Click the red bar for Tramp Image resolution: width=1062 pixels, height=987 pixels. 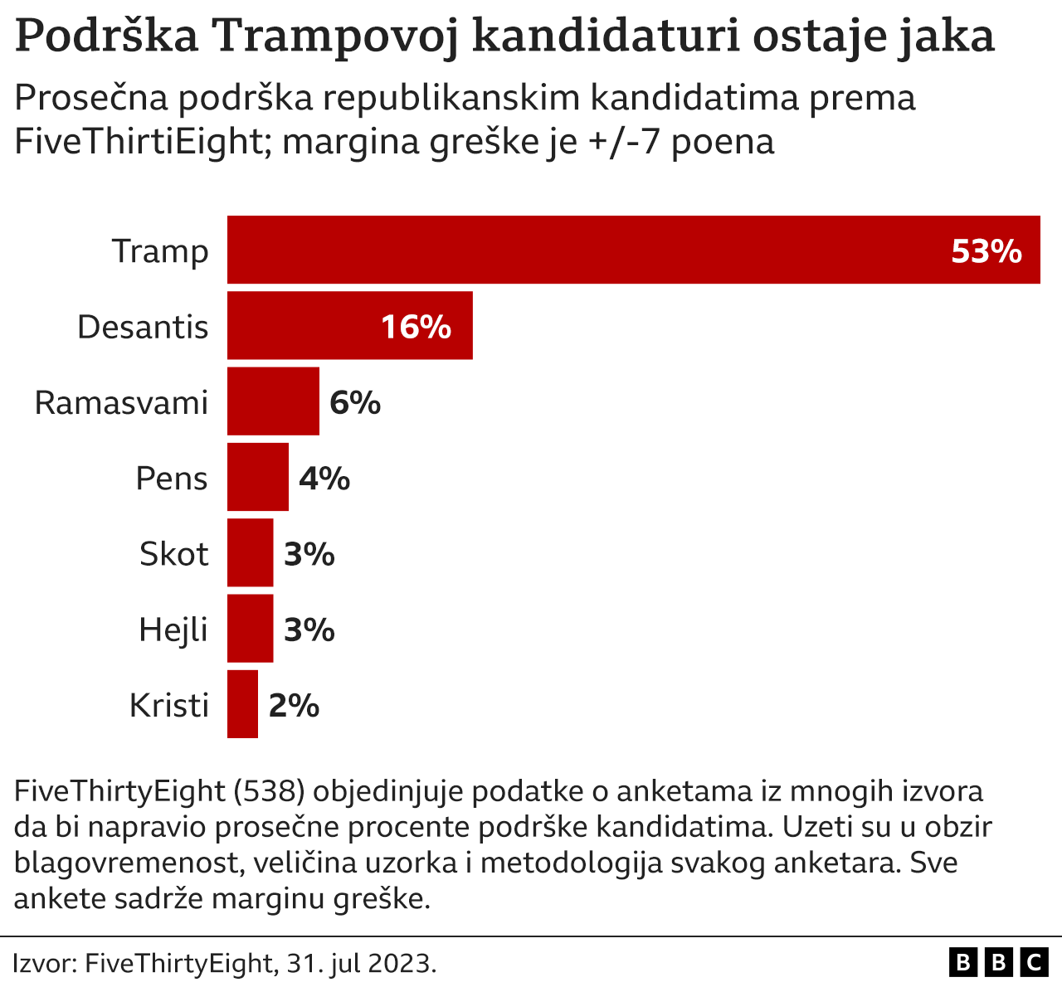pos(581,250)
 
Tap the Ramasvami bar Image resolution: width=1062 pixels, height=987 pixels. pos(273,401)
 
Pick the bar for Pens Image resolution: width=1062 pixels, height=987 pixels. pos(258,477)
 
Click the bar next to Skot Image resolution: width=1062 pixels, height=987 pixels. pos(250,552)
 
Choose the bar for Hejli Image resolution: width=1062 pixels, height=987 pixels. pos(250,629)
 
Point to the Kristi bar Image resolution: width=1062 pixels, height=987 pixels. pos(242,704)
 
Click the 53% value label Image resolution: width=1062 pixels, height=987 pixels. pos(986,250)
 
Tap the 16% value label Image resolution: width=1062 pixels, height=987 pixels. pos(416,327)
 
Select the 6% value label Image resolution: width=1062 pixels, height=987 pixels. pos(355,402)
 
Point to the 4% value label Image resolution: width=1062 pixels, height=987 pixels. pos(324,478)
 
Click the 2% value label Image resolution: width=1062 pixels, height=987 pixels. pos(294,705)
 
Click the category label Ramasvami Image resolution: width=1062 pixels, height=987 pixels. pos(121,402)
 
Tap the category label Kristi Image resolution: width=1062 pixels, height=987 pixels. pos(168,705)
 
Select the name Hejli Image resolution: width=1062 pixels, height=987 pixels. pos(173,630)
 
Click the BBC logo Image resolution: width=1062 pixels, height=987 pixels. pos(998,962)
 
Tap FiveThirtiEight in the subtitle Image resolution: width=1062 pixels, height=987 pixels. pos(138,142)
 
